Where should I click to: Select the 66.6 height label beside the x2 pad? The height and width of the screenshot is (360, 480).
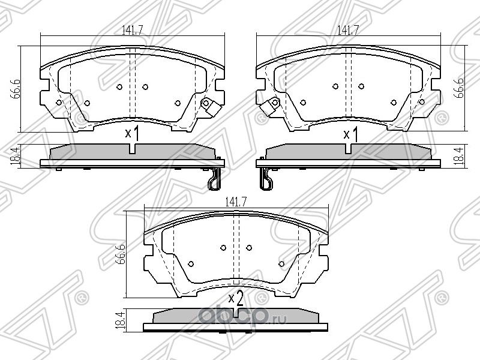click(120, 253)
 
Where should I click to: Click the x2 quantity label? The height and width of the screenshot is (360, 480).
click(236, 297)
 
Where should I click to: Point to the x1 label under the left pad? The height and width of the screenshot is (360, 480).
click(131, 133)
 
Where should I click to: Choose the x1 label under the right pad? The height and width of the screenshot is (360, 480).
click(350, 133)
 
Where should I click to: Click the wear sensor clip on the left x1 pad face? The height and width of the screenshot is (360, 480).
click(208, 105)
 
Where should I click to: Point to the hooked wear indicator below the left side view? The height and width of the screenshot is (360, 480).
click(214, 179)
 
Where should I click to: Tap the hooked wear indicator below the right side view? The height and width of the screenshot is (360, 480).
click(266, 179)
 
